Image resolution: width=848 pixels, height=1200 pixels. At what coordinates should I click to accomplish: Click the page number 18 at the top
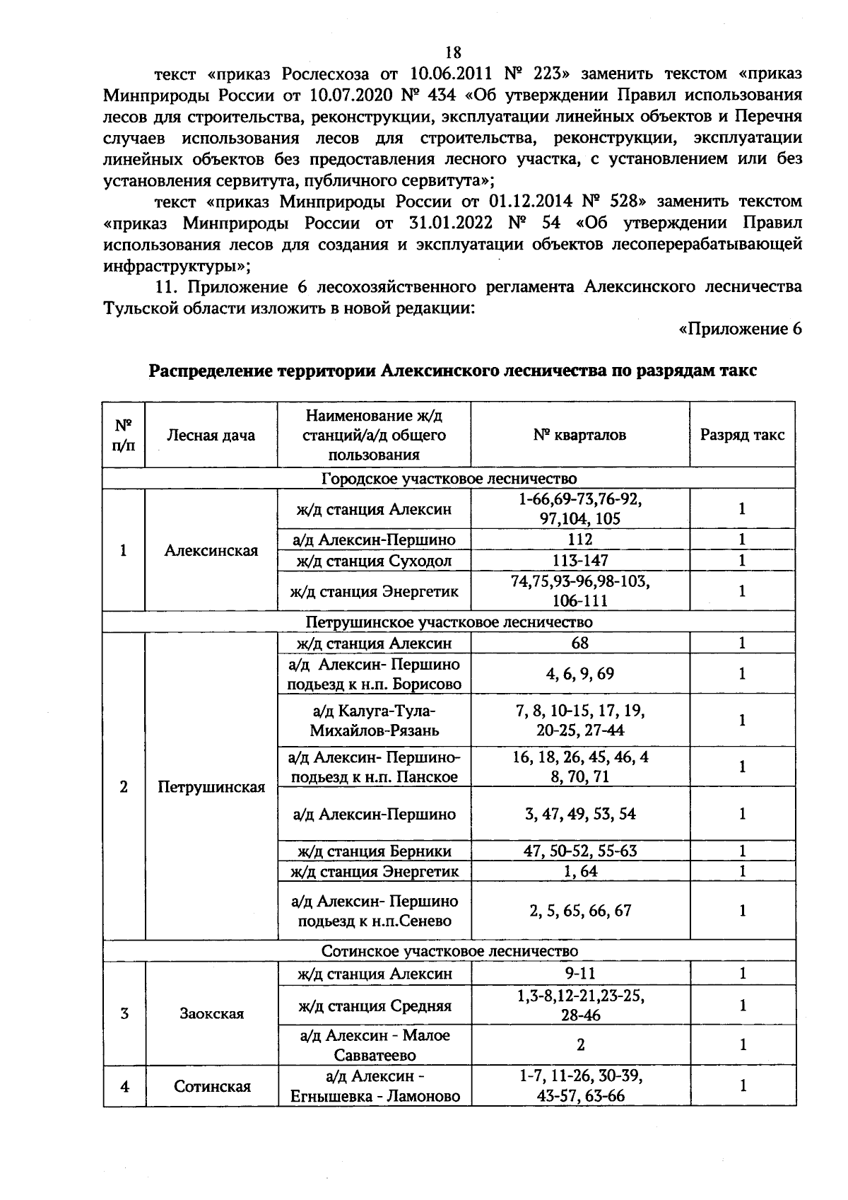[453, 52]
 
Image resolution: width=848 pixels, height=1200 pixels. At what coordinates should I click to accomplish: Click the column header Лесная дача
[211, 435]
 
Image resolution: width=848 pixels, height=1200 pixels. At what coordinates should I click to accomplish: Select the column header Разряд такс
[742, 435]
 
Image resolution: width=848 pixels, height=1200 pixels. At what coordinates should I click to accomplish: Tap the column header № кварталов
[579, 435]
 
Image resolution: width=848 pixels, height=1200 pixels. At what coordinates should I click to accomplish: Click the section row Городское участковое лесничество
[449, 479]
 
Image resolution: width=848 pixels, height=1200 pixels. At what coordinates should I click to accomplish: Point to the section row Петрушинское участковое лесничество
[449, 622]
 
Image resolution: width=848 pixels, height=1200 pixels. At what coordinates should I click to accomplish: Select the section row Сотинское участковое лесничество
[449, 951]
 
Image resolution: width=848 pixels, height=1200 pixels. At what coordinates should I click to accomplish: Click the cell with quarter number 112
[579, 540]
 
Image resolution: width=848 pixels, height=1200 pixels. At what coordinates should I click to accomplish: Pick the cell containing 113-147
[579, 561]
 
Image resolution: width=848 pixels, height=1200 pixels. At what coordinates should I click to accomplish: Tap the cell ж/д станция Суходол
[374, 561]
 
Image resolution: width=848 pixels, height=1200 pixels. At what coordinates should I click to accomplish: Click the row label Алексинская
[211, 550]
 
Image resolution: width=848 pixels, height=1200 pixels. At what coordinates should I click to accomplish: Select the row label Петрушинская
[211, 787]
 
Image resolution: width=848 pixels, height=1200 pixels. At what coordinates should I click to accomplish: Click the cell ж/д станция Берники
[374, 851]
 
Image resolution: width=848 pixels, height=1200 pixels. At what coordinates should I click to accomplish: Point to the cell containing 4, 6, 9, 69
[579, 674]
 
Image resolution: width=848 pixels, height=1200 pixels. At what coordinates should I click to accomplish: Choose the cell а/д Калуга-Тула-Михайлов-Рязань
[374, 720]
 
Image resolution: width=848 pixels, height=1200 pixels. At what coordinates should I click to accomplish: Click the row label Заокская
[211, 1013]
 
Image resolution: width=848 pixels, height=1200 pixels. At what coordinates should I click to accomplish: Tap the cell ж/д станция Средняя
[374, 1006]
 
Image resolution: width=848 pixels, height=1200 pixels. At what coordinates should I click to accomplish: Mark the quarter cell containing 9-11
[579, 974]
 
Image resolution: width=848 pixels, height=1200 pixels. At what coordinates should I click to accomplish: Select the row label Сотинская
[212, 1086]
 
